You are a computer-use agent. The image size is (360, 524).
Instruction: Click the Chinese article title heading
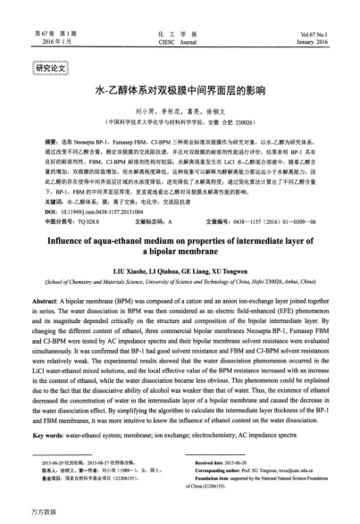[x=180, y=91]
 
